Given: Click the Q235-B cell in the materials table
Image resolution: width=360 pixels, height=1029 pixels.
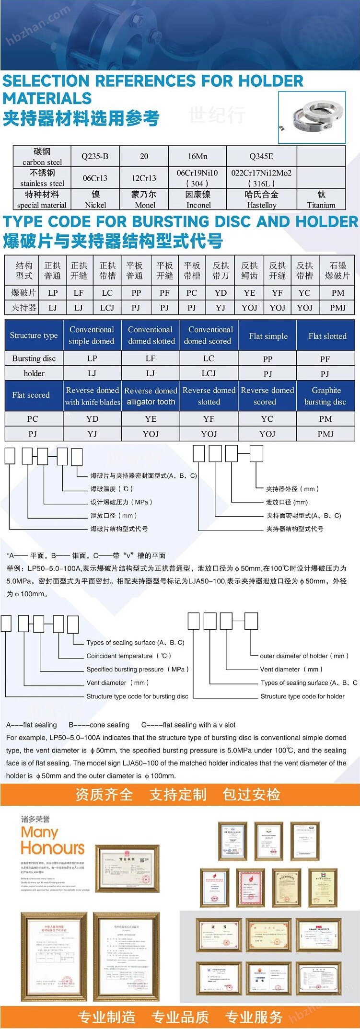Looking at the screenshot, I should tap(95, 156).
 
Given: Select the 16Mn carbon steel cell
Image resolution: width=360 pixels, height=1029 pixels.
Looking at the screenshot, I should tap(197, 156).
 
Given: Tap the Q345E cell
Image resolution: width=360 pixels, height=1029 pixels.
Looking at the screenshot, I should tap(261, 156).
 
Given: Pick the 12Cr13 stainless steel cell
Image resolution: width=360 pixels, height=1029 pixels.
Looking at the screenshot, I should tap(144, 178).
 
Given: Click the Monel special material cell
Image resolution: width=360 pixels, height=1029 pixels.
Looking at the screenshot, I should tap(144, 199).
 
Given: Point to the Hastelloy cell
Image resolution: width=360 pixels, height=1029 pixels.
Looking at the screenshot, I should tap(261, 199).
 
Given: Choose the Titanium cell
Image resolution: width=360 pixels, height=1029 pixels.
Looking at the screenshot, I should tap(321, 199).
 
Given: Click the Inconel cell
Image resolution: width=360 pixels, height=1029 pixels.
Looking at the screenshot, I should tap(198, 199).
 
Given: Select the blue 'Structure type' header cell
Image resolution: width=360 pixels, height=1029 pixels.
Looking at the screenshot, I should tap(34, 335).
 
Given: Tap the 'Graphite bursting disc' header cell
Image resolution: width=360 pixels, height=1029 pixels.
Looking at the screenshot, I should tap(325, 396).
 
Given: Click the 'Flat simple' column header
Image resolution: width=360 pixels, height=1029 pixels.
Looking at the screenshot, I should tap(268, 336).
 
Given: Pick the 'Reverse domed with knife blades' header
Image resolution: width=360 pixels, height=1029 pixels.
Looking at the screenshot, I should tap(93, 396).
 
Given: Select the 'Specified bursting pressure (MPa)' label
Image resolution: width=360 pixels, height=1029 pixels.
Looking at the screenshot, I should tap(137, 669).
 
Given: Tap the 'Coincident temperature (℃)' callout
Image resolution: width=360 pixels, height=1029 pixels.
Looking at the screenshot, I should tap(128, 656).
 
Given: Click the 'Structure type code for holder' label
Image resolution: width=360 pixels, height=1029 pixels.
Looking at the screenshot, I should tap(302, 696).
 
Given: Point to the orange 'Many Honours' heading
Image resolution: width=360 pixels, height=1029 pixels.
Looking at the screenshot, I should tap(53, 841).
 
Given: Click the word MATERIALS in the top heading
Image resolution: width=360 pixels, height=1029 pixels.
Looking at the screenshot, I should tap(47, 98).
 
